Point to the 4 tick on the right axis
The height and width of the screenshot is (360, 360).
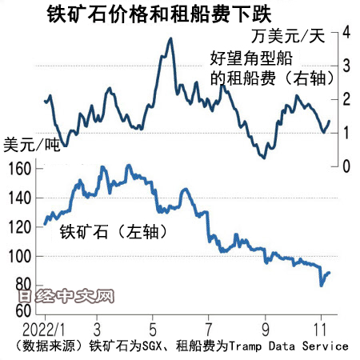(x=346, y=32)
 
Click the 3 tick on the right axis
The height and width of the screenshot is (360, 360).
(x=346, y=66)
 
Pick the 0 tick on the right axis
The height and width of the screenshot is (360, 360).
(x=346, y=166)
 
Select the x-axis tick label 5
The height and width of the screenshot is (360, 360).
(x=152, y=329)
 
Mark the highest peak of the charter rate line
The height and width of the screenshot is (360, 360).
(x=170, y=38)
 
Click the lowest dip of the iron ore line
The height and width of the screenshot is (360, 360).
(x=322, y=284)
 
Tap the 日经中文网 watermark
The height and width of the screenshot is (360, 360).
(x=64, y=298)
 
